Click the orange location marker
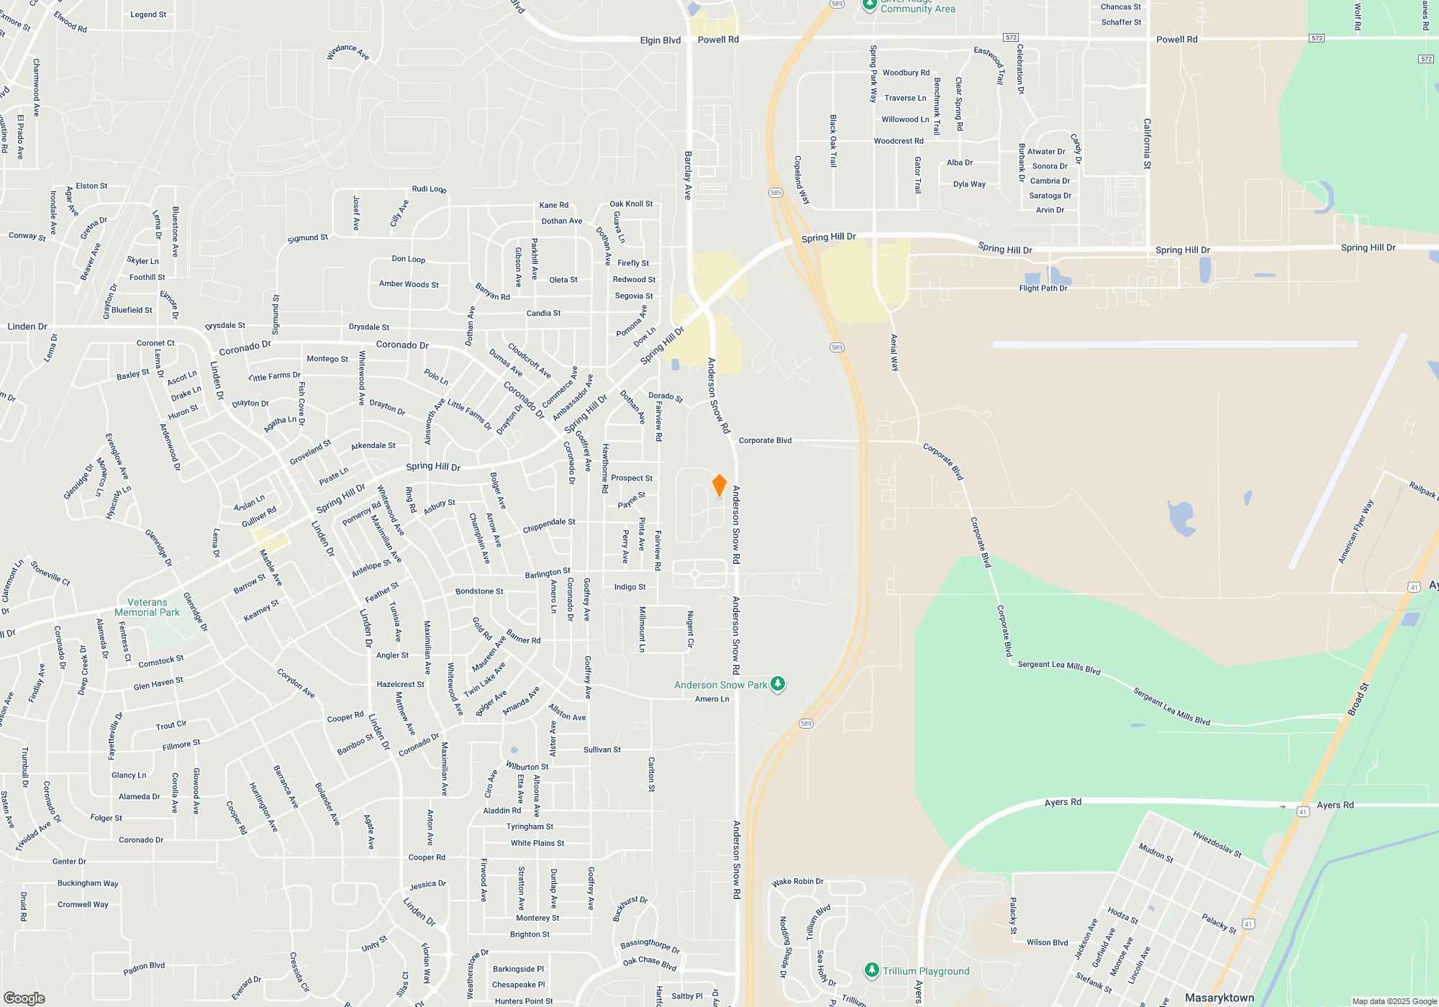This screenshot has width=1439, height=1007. click(x=719, y=486)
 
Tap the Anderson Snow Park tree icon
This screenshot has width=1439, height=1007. click(x=778, y=684)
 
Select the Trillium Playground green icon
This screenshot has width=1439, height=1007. click(x=871, y=970)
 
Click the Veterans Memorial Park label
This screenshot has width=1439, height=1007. click(x=147, y=608)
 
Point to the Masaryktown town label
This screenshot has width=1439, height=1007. click(x=1219, y=998)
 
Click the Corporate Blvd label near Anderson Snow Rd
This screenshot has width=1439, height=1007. click(x=765, y=440)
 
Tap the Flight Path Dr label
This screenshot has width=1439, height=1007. click(x=1043, y=288)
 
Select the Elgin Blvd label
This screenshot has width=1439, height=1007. click(x=660, y=40)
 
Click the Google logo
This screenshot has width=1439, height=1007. click(x=24, y=998)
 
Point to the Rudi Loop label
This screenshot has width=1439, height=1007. click(x=429, y=189)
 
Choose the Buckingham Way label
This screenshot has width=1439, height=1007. click(x=88, y=883)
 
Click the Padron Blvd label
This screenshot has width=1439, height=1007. click(x=144, y=968)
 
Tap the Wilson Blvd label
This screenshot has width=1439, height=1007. click(x=1047, y=942)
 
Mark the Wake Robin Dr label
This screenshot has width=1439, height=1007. click(x=797, y=882)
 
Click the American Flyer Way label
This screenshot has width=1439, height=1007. click(x=1356, y=532)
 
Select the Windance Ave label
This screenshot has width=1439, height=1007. click(x=348, y=52)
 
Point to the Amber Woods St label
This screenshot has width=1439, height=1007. click(x=409, y=284)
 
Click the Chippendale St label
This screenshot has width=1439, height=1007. click(x=549, y=526)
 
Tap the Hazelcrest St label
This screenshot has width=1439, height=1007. click(x=400, y=684)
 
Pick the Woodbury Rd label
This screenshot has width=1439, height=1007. click(x=906, y=73)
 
